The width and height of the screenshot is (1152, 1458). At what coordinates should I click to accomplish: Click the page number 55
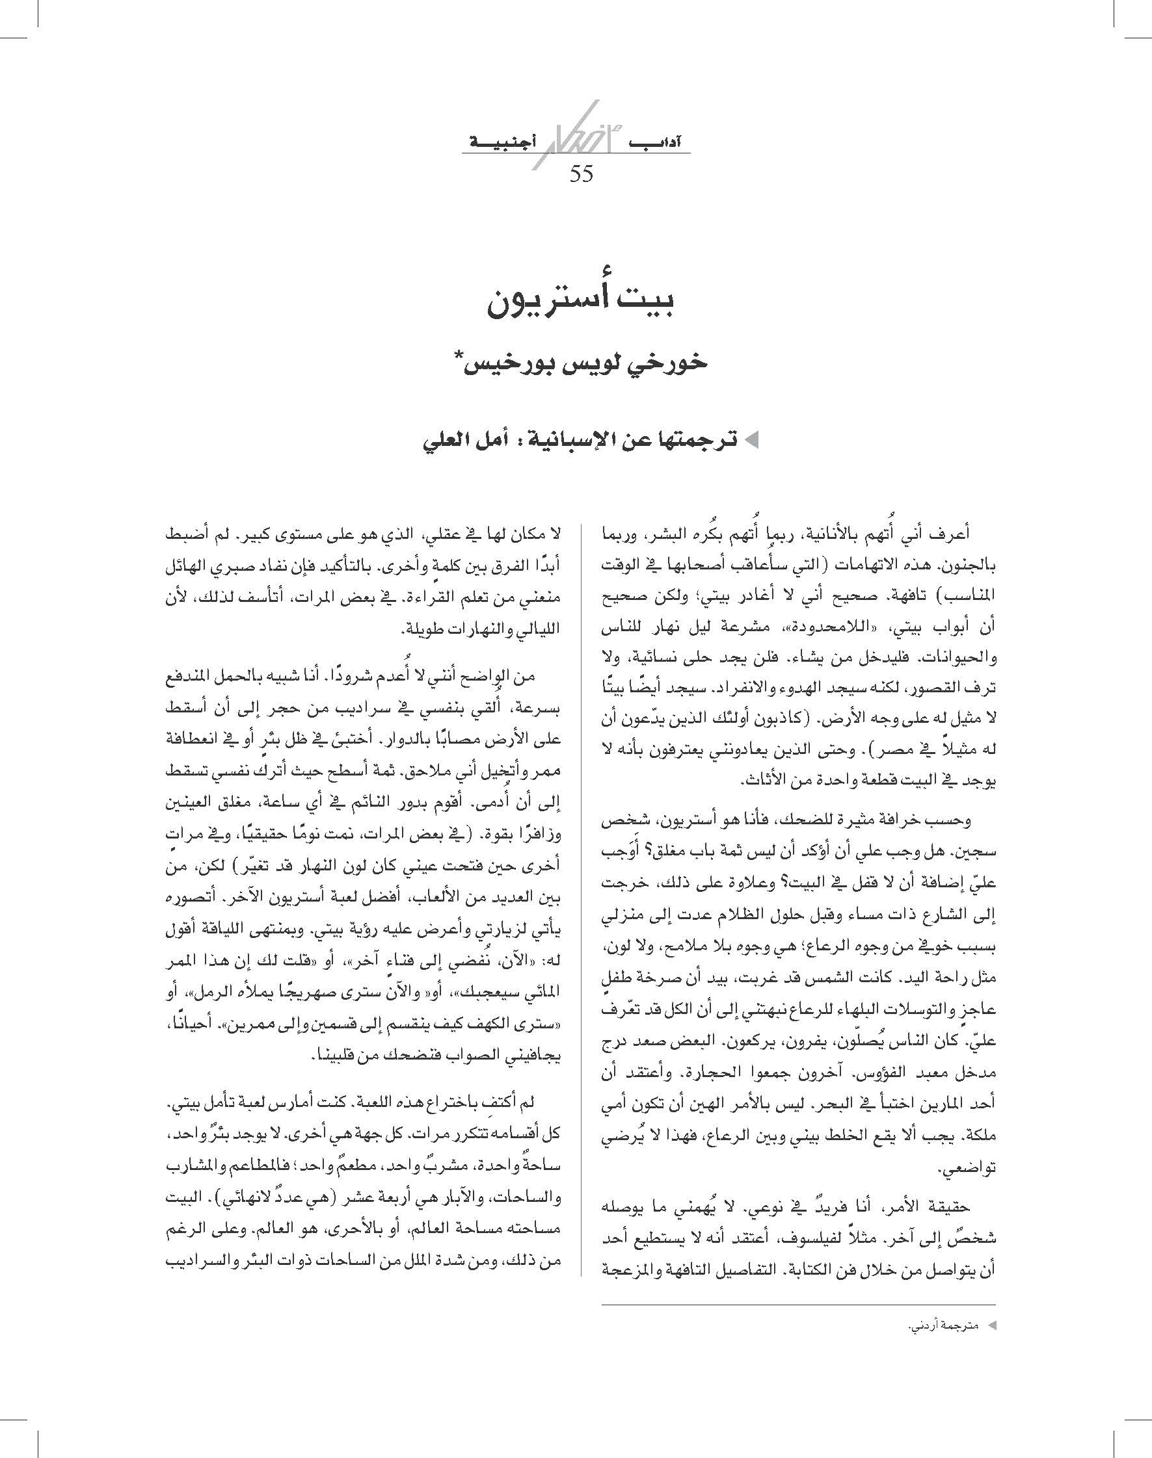[x=582, y=174]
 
